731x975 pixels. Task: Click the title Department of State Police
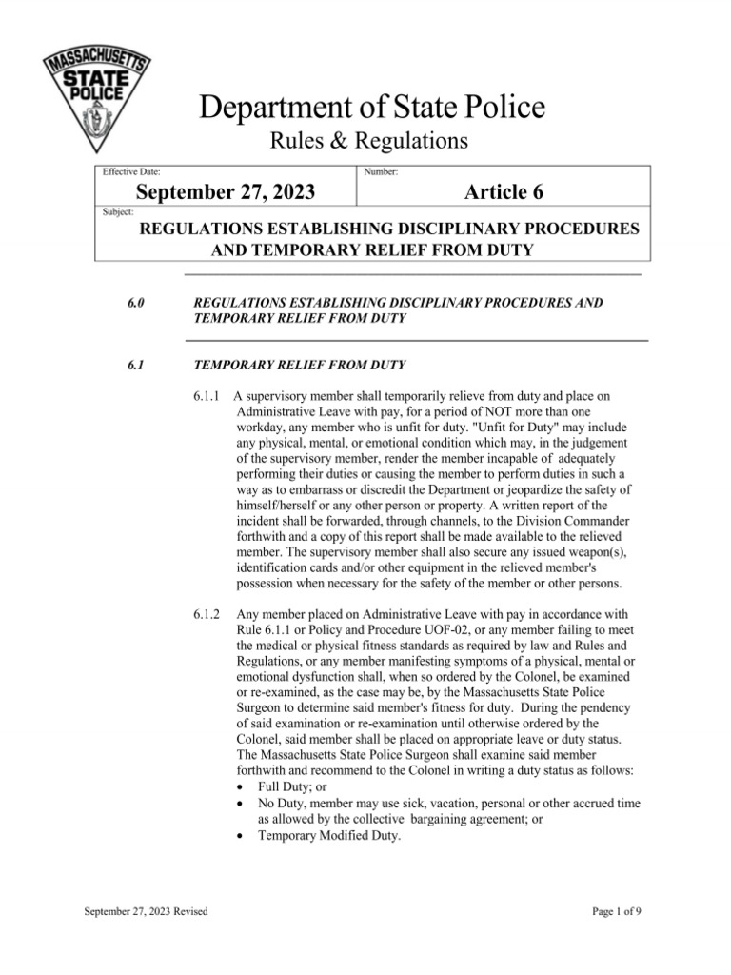click(372, 108)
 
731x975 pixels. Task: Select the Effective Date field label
click(131, 171)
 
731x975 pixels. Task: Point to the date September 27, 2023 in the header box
click(227, 193)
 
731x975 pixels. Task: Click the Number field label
click(381, 171)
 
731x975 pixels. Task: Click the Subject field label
click(117, 211)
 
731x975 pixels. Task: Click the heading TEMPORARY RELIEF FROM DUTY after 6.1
click(300, 364)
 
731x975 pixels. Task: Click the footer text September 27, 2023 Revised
click(146, 912)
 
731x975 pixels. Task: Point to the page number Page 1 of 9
click(617, 912)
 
